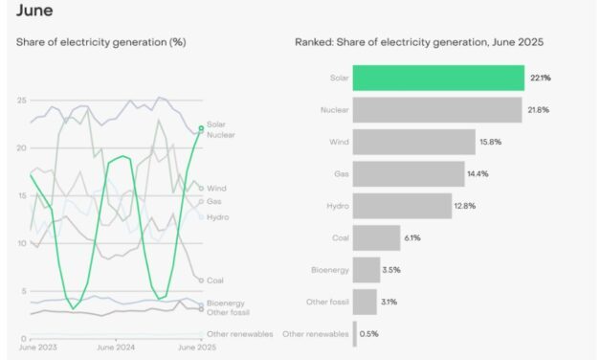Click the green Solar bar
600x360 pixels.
438,78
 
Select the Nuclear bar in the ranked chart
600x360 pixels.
437,110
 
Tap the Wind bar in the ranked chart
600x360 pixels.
413,142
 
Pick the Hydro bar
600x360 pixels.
402,206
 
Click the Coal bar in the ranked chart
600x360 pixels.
376,237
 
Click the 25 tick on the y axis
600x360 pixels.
20,101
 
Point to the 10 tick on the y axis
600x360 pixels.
20,243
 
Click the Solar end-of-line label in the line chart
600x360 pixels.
216,125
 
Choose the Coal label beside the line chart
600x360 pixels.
215,281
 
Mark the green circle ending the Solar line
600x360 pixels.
201,127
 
